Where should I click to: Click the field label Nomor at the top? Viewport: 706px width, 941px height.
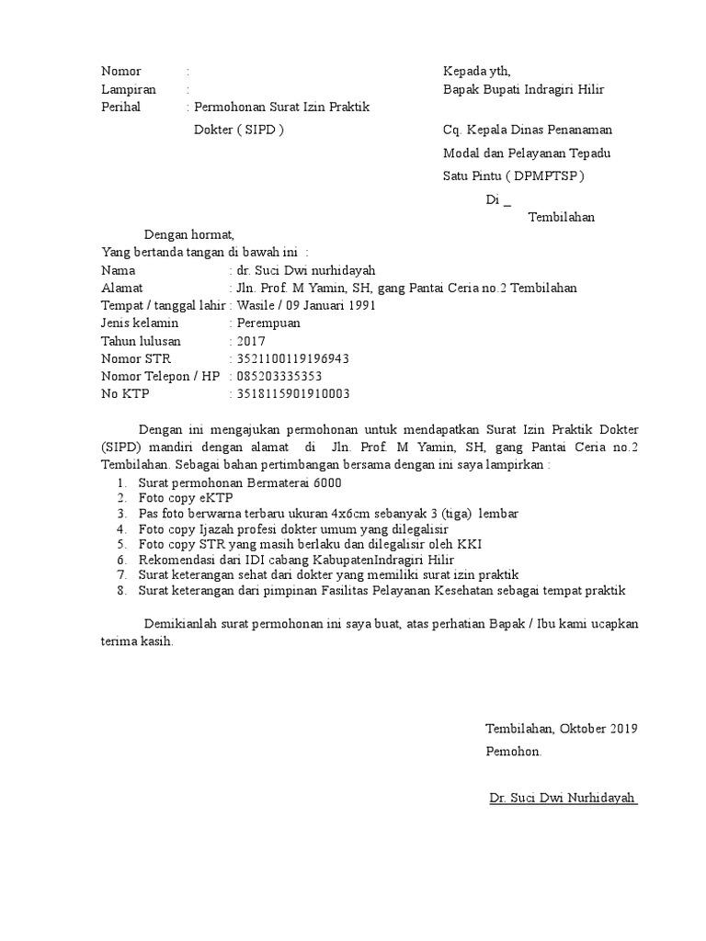click(120, 71)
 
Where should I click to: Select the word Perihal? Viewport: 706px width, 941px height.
click(123, 108)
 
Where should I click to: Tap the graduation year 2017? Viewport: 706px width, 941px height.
click(250, 341)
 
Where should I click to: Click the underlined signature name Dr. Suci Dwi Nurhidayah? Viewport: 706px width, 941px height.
click(563, 798)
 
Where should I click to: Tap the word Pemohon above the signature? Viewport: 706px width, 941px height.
click(513, 752)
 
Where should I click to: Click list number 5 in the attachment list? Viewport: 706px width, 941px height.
click(120, 543)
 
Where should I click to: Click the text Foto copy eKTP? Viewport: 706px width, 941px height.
click(182, 498)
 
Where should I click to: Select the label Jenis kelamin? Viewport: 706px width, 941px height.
click(139, 323)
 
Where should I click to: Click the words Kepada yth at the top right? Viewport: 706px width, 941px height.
click(476, 71)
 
